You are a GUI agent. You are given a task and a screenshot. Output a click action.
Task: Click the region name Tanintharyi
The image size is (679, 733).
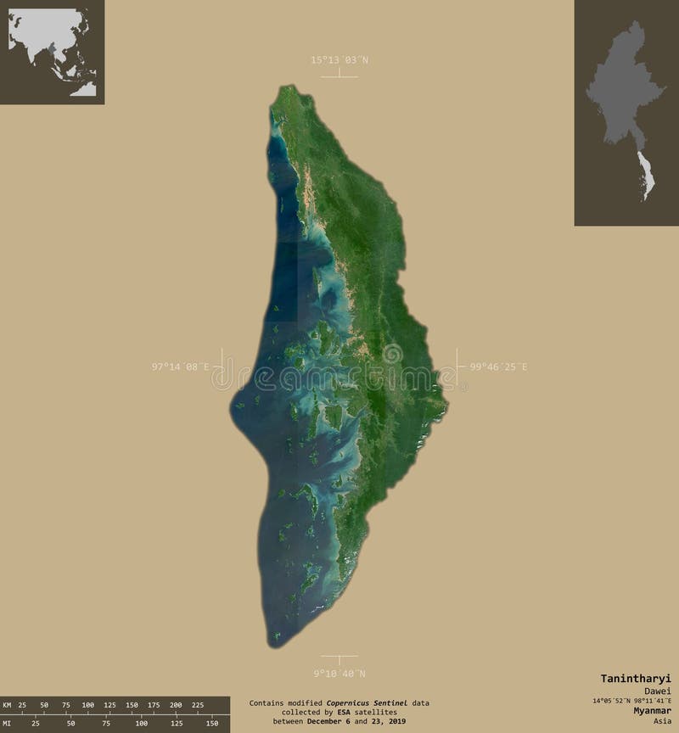point(636,678)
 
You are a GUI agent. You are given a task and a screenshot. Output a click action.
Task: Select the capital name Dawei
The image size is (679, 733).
point(657,691)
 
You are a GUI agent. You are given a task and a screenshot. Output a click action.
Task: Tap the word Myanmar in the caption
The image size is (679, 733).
point(648,710)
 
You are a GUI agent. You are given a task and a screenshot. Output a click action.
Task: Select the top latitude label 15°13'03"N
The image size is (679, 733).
point(339,59)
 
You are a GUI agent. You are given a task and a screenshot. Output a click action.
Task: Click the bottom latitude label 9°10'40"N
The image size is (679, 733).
point(339,674)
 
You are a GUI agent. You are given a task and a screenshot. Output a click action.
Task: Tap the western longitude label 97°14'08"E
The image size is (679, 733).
point(180,366)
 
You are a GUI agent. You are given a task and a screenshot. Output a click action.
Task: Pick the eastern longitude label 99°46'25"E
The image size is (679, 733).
point(498,366)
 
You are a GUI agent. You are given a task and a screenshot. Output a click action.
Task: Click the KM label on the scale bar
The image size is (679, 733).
point(8,705)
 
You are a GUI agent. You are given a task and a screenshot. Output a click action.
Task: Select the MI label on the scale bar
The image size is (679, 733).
point(8,723)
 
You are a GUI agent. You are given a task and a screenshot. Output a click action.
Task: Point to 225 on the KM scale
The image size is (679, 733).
point(198,705)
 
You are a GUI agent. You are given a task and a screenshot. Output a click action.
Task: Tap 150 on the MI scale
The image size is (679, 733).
point(211,723)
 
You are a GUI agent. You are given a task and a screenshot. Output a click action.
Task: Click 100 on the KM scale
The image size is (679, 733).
point(87,705)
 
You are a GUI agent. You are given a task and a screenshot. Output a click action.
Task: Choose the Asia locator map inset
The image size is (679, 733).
point(52,52)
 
